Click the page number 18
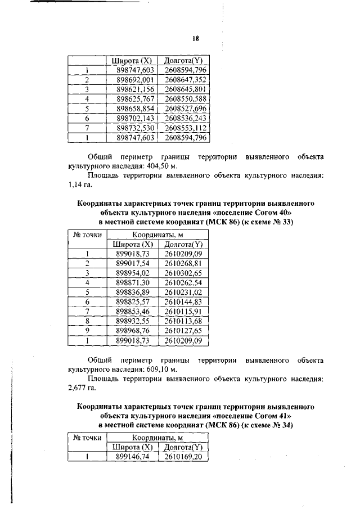tap(196, 38)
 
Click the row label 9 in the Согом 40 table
tap(87, 331)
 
